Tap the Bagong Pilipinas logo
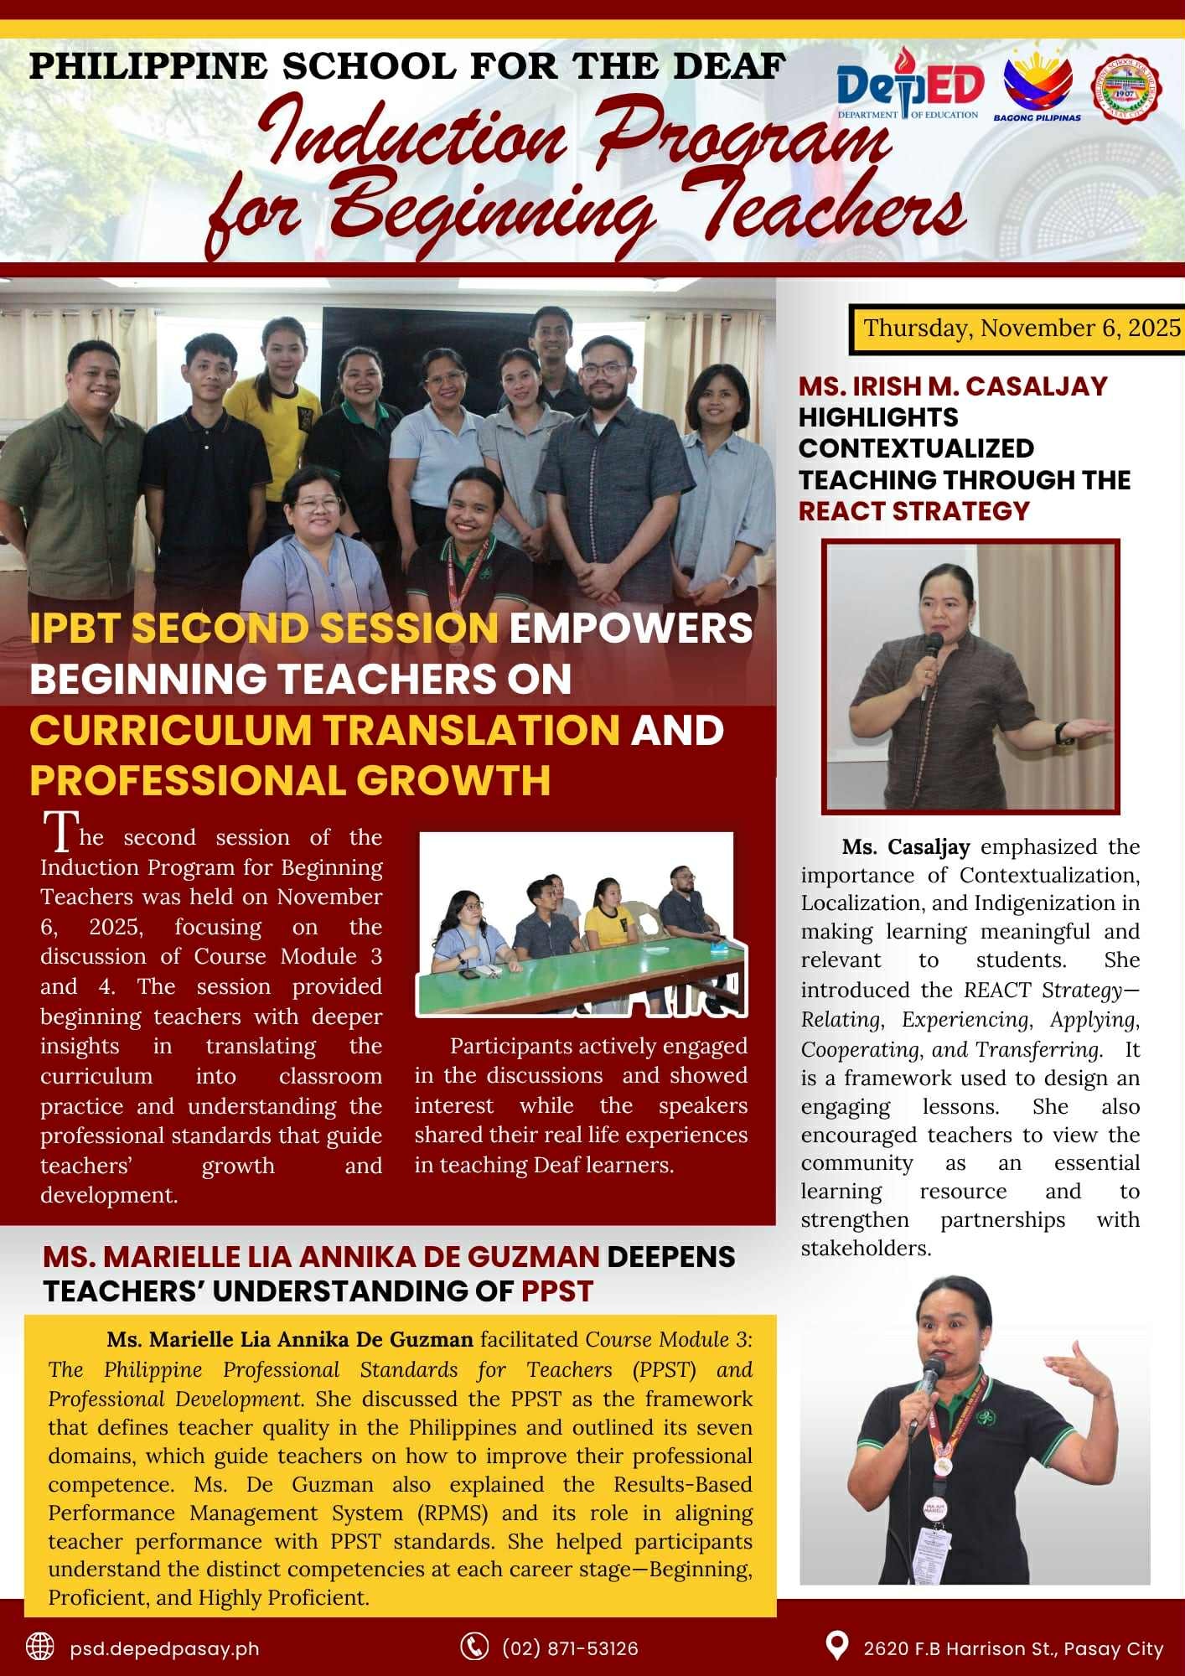[x=1038, y=85]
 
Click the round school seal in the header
[x=1125, y=88]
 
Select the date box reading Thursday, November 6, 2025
[x=1022, y=328]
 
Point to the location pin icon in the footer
[x=836, y=1645]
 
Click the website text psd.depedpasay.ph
[x=164, y=1648]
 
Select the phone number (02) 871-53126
[x=570, y=1648]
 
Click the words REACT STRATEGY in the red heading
[x=913, y=510]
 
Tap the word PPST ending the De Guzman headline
[x=557, y=1291]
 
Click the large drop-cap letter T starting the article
[x=60, y=832]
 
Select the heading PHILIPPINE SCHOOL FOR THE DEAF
[x=407, y=65]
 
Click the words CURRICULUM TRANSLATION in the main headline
[x=324, y=729]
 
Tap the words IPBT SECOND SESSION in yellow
[x=264, y=628]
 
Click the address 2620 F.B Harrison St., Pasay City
[x=1013, y=1648]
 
